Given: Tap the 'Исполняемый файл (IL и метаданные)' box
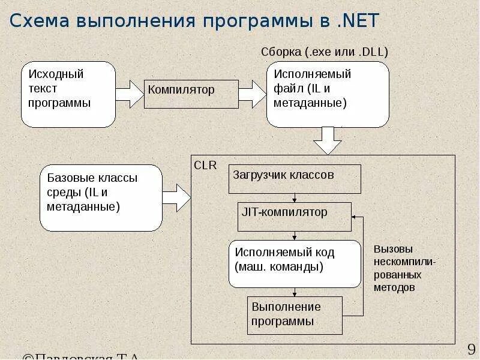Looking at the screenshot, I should [328, 94].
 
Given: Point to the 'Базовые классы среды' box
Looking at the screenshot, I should [101, 198].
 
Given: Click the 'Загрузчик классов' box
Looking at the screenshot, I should [295, 179].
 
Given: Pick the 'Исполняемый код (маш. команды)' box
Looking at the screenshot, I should [295, 264].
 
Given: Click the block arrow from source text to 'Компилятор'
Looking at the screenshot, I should [129, 94].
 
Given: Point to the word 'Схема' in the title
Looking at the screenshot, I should [37, 21].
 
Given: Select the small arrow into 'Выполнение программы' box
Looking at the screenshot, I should [295, 292].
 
